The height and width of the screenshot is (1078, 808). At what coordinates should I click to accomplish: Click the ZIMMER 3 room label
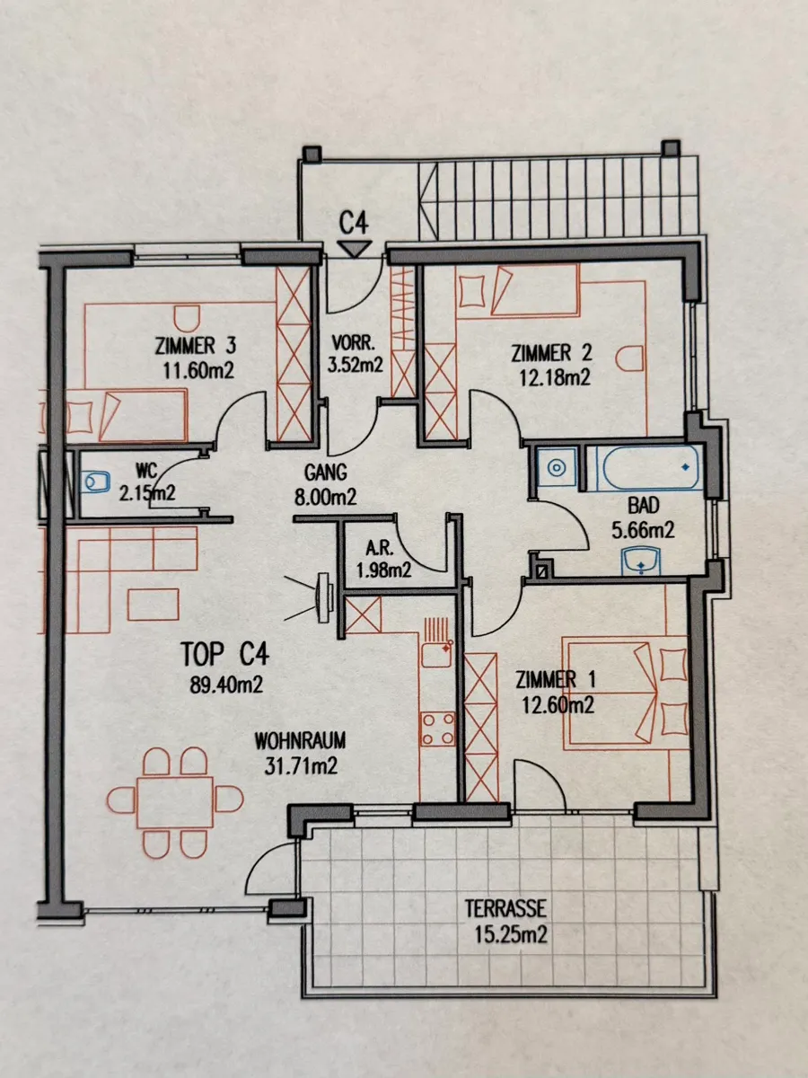(196, 346)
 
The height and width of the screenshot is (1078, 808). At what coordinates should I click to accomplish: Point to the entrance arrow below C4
(355, 249)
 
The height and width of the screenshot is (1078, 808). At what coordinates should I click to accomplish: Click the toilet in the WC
(95, 482)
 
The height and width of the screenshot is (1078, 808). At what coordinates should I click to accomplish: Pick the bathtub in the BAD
(649, 467)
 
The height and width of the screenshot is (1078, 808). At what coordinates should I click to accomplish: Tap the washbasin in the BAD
(641, 561)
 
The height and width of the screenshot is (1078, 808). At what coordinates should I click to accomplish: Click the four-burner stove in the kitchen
(437, 729)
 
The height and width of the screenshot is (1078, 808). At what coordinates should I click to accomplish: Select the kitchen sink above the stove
(436, 654)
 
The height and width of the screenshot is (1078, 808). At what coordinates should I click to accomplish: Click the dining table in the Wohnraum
(175, 801)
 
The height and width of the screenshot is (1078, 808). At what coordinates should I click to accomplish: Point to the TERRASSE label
(505, 908)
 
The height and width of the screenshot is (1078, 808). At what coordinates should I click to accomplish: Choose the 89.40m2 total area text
(226, 685)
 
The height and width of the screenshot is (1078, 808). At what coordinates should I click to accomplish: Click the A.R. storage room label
(377, 548)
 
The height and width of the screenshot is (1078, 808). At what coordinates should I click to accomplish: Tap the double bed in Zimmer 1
(625, 693)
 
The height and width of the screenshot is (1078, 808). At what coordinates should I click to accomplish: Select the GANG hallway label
(325, 473)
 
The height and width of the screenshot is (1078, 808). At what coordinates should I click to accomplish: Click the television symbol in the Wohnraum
(324, 598)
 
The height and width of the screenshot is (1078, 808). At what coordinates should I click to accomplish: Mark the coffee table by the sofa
(153, 604)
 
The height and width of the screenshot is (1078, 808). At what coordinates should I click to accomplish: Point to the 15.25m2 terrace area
(510, 934)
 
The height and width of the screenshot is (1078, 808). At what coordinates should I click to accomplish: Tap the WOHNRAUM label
(300, 741)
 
